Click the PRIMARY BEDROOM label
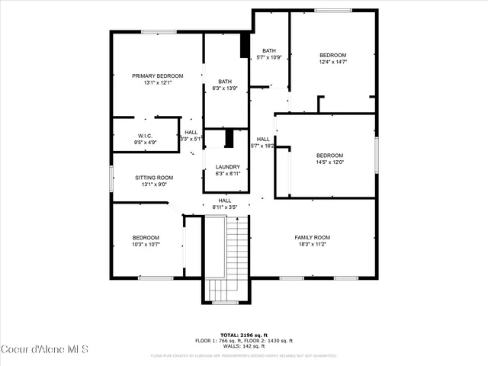pos(158,75)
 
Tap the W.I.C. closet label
pos(146,135)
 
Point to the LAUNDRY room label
pos(227,167)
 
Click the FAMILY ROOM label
pos(312,237)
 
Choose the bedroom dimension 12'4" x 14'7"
pos(333,63)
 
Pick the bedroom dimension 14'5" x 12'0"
pos(330,162)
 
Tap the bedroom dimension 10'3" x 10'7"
pos(146,245)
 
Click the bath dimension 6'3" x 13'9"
pos(225,88)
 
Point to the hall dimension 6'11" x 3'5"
pos(225,207)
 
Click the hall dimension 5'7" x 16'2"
pos(263,146)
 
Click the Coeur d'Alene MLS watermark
pos(45,350)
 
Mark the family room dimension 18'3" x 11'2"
pos(312,245)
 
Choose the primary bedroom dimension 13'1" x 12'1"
pos(158,82)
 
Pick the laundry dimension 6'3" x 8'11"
pos(227,174)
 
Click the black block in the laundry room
pos(228,139)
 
